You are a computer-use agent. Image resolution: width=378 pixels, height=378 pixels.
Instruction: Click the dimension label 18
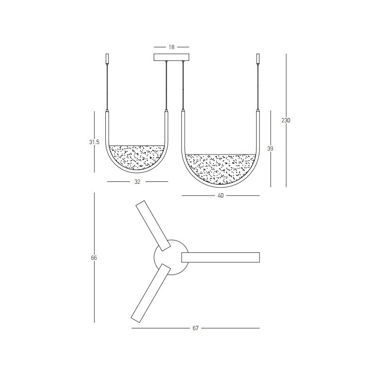172,47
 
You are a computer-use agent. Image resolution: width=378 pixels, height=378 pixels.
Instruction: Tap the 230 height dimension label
286,120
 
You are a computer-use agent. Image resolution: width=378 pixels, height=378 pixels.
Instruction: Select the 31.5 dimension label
94,142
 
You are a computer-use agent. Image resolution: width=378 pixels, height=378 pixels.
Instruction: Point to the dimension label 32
137,182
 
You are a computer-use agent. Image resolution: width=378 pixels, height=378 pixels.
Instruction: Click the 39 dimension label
270,149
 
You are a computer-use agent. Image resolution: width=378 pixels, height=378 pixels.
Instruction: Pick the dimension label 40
221,196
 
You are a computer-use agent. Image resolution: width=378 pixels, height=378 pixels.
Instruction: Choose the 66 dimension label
94,258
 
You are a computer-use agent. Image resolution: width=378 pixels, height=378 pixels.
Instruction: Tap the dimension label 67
195,328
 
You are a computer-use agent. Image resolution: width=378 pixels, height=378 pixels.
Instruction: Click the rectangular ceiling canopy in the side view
172,57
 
